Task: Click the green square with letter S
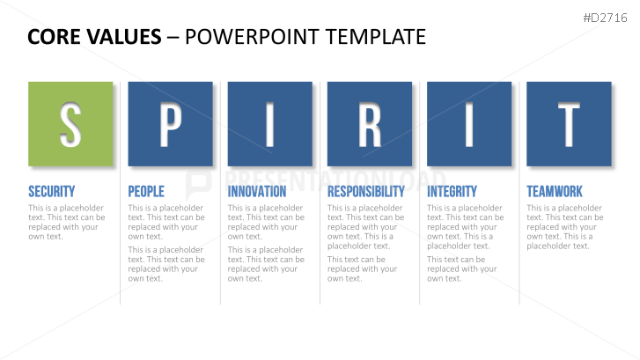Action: click(70, 124)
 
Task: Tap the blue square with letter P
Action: click(170, 124)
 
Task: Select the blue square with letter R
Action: click(370, 124)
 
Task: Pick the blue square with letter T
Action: click(569, 124)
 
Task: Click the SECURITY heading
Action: click(51, 191)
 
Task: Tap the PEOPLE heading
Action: click(146, 191)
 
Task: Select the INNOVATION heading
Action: click(257, 191)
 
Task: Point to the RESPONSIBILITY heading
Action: click(366, 191)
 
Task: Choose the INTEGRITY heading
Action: click(452, 191)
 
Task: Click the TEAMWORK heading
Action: click(555, 191)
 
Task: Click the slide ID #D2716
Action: click(606, 18)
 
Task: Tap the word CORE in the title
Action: click(53, 37)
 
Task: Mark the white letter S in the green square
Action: click(70, 124)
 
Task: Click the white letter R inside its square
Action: click(370, 124)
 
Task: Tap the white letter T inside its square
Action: click(569, 124)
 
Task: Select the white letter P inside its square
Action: click(170, 124)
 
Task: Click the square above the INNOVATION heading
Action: click(269, 124)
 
